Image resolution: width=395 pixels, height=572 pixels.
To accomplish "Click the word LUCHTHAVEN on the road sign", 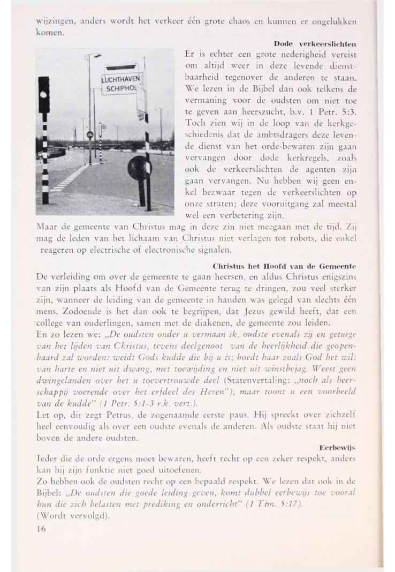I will click(x=120, y=81).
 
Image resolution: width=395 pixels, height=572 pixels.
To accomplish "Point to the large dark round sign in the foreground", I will click(x=138, y=170).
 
